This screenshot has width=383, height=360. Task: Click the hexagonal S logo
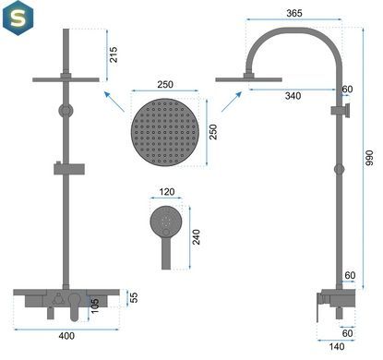point(18,18)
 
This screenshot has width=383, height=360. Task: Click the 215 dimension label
point(114,54)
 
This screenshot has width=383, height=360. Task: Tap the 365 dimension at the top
point(294,13)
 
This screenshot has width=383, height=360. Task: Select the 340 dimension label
point(293,96)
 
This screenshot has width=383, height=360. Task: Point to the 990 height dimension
point(369,158)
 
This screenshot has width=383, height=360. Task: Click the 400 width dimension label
point(66,336)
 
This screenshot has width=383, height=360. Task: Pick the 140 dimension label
point(337,347)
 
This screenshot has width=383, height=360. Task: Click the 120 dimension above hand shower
point(167,192)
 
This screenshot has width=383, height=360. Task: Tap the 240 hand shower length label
point(196,237)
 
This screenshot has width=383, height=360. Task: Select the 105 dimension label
point(95,306)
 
